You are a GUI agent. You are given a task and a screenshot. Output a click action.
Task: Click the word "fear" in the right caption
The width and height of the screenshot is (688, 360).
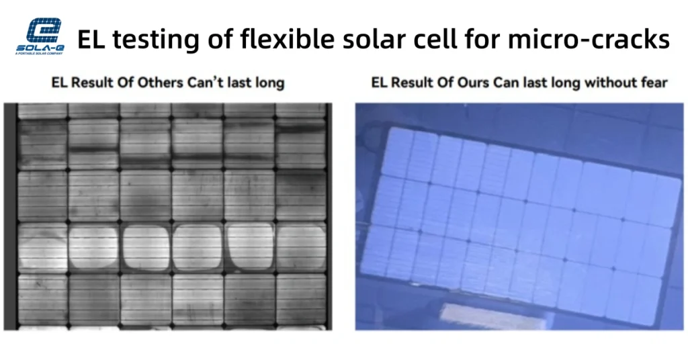pyautogui.click(x=652, y=83)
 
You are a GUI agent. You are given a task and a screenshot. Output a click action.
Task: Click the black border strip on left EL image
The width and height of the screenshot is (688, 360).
pyautogui.click(x=9, y=215)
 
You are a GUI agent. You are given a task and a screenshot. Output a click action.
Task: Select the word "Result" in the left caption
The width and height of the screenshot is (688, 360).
pyautogui.click(x=91, y=83)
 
